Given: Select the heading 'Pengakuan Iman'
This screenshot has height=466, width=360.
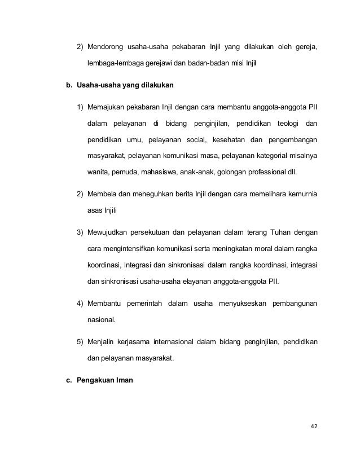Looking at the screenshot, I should coord(104,380).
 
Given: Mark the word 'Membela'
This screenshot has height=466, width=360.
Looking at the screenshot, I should coord(102,195).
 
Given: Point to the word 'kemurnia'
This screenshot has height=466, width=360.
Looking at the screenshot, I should coord(301,195).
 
